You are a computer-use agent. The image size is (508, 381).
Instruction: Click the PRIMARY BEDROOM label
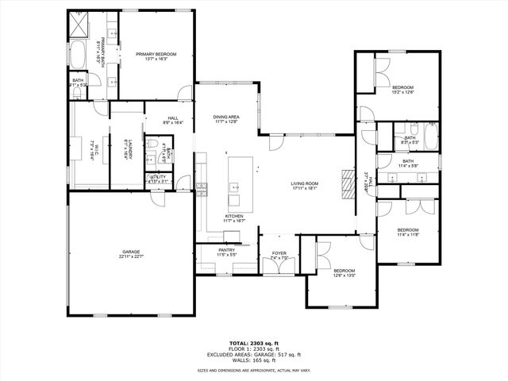156,54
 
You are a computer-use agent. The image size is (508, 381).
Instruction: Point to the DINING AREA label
226,117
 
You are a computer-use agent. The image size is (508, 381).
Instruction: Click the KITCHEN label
233,216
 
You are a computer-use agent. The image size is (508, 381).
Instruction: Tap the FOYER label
279,253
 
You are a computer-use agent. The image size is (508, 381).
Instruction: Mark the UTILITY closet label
157,177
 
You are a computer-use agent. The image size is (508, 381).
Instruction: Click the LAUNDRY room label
127,147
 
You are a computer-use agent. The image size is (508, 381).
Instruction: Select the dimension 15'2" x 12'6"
402,92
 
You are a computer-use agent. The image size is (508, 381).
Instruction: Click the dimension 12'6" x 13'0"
344,275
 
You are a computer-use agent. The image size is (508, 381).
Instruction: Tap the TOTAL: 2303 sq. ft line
254,338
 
